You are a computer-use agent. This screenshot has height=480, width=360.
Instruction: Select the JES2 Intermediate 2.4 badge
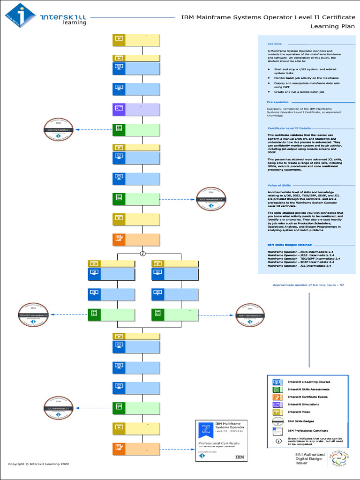tap(211, 199)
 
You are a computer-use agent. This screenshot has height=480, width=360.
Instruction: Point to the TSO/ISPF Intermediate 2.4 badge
tap(33, 315)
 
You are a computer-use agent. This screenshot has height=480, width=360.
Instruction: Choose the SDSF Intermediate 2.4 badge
tap(250, 315)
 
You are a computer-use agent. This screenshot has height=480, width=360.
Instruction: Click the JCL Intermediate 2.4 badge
tap(59, 408)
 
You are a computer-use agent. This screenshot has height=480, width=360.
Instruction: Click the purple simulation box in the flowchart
tap(136, 109)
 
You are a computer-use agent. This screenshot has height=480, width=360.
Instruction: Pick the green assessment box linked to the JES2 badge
tap(136, 199)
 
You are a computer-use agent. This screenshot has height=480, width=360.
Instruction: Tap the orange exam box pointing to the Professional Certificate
tap(136, 449)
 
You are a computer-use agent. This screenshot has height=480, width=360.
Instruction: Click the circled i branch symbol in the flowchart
tap(143, 254)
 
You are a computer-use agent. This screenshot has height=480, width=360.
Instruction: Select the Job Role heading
tap(275, 43)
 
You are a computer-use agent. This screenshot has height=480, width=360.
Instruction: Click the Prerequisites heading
tap(278, 102)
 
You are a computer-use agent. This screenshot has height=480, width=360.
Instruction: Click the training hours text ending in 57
tap(308, 285)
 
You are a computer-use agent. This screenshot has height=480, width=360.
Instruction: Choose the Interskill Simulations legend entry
tap(303, 404)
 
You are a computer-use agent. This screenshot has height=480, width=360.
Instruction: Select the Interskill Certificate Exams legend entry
tap(307, 397)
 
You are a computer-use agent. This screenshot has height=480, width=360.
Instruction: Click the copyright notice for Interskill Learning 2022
tap(38, 464)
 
